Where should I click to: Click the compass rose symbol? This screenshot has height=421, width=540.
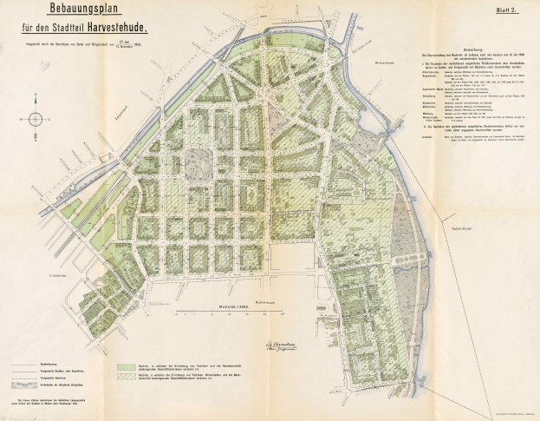[x=34, y=119]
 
